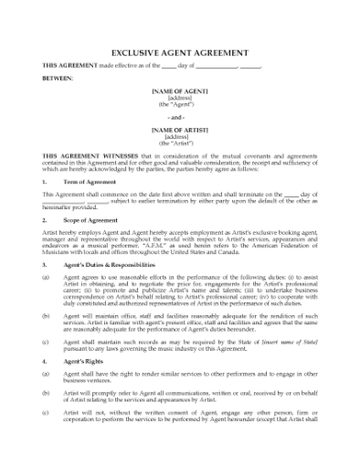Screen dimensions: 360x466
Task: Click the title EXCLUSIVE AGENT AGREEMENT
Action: [x=179, y=54]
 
